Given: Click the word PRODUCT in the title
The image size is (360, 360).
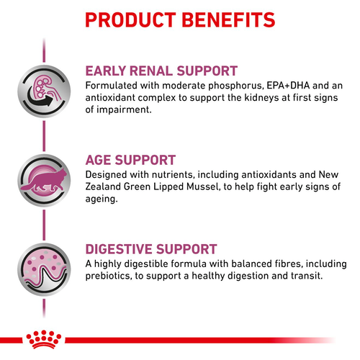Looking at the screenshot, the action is tap(131, 19).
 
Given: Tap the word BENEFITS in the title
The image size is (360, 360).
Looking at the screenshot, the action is tap(228, 19).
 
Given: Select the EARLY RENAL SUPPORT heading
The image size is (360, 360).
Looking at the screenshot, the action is tap(161, 71).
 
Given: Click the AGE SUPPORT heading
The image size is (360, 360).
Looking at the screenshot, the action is tap(130, 160).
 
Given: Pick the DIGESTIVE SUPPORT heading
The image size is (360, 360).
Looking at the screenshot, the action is tap(151, 249).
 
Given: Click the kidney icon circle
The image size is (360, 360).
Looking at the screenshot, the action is tap(44, 91).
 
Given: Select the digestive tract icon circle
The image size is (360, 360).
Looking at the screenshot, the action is tap(44, 269).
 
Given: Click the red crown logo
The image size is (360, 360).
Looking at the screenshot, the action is tap(44, 339).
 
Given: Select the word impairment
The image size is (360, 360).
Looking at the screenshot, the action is tap(124, 109).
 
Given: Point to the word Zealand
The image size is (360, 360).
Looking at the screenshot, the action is tap(103, 186).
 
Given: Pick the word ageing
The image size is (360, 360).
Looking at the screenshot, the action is tap(102, 199).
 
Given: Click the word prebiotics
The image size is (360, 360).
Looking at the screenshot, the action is tap(109, 276).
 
